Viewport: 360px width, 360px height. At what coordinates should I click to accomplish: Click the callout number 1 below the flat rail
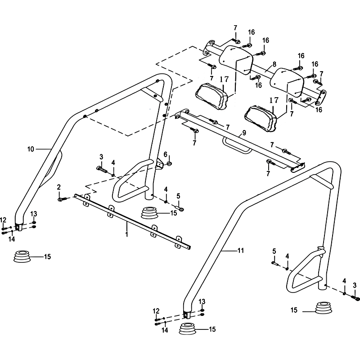click(x=127, y=234)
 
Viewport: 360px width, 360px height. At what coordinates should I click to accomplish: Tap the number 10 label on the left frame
click(x=31, y=148)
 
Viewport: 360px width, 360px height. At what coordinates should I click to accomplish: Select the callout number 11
click(x=241, y=250)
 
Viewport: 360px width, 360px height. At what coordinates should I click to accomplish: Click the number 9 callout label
click(x=243, y=133)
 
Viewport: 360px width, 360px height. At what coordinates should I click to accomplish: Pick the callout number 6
click(x=165, y=154)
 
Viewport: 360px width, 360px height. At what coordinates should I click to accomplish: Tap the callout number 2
click(x=58, y=186)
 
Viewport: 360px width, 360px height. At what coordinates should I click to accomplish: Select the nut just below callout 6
click(x=168, y=163)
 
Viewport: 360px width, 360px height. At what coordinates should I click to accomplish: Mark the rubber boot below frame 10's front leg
click(x=22, y=257)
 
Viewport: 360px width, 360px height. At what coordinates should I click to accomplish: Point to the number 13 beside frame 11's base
click(x=202, y=301)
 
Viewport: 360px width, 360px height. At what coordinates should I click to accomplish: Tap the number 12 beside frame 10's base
click(x=4, y=220)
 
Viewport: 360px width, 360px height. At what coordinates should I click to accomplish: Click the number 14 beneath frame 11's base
click(x=165, y=330)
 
